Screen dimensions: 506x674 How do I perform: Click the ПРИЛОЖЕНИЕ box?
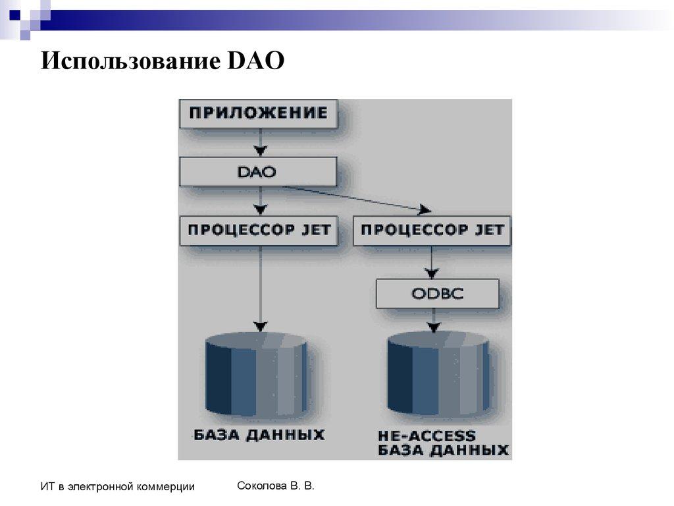pos(258,113)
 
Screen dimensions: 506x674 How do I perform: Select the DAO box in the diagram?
pos(258,173)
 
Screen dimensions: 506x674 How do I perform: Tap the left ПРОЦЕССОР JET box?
pos(258,230)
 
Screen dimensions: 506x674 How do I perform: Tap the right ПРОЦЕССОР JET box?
pos(432,230)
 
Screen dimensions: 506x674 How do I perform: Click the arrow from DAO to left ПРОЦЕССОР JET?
pos(261,200)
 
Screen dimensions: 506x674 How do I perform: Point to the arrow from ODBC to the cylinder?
pos(432,320)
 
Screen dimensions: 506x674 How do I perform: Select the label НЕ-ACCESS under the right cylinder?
pos(426,436)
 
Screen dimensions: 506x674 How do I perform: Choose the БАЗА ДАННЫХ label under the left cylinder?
pos(259,435)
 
